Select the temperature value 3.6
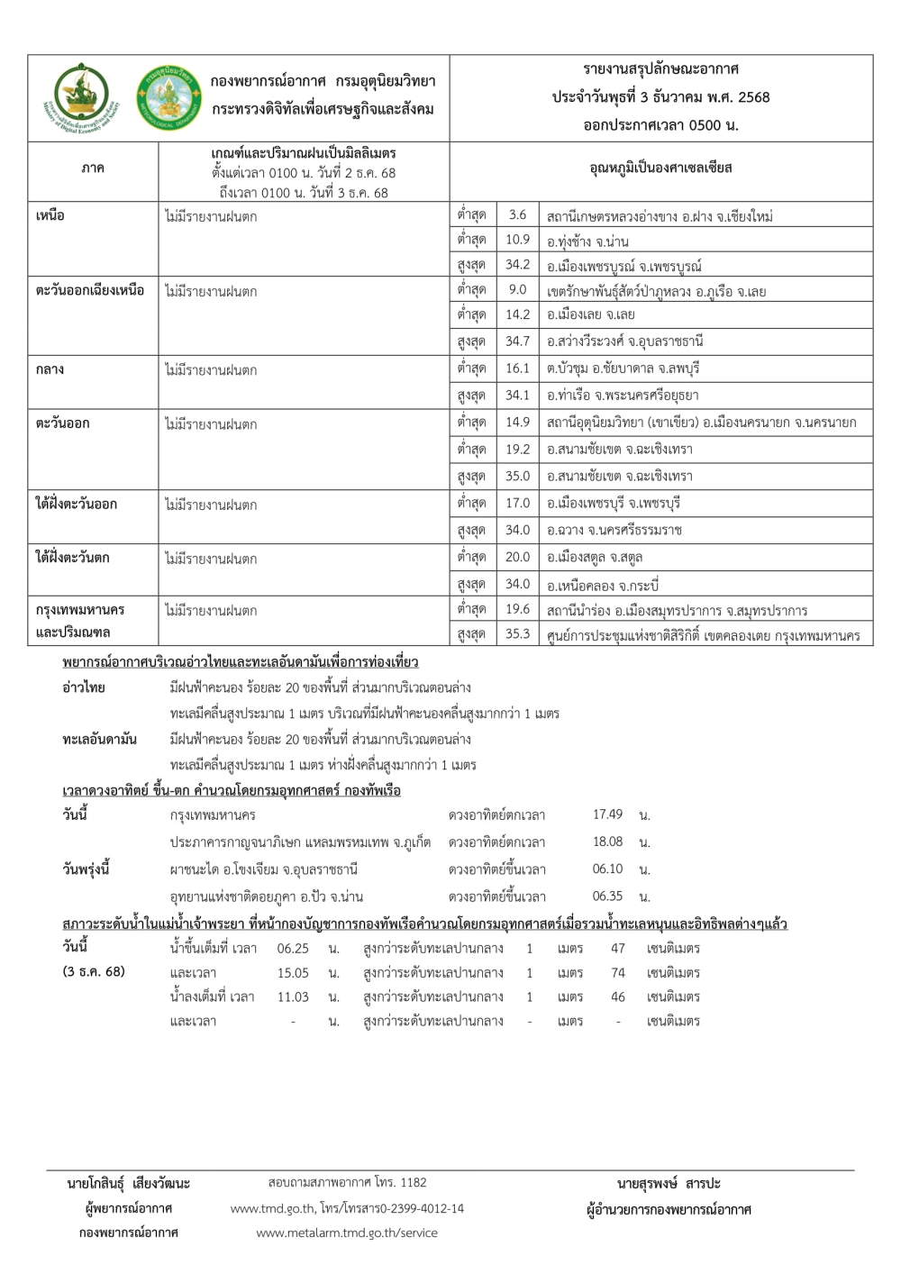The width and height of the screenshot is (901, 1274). point(517,215)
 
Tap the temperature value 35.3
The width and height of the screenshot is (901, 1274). point(517,634)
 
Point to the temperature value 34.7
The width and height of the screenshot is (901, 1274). point(517,341)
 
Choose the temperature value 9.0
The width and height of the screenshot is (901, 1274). point(517,290)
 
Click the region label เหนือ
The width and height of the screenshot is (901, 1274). point(50,216)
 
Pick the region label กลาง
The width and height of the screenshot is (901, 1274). point(50,369)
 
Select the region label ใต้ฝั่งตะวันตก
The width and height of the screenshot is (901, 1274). point(72,558)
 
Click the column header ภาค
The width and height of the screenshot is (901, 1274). point(92,168)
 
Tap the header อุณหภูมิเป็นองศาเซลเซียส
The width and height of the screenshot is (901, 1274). point(660,168)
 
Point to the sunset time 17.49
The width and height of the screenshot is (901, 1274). point(607,814)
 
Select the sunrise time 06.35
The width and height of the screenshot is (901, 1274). point(607,896)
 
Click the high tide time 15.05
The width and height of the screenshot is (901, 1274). point(293,973)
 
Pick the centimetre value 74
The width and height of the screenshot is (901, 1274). point(618,973)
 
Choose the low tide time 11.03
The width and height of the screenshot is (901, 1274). point(293,997)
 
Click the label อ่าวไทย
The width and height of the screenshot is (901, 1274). point(84,687)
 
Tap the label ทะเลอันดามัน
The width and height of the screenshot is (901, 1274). point(99,740)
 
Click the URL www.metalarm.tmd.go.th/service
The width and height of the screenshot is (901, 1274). point(347,1233)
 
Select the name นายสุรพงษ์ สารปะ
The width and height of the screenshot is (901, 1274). point(669,1183)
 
